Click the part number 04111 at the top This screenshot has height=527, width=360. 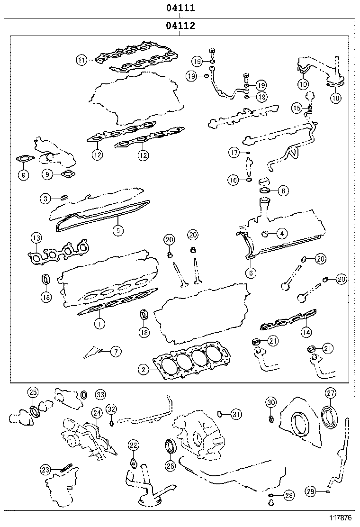180,8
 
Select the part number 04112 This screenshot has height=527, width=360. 180,27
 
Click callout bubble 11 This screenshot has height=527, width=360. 83,60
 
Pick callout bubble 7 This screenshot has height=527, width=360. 116,351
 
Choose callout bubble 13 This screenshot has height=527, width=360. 36,237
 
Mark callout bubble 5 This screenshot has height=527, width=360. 117,230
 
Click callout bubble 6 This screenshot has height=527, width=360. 251,273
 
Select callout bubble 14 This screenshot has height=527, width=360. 306,332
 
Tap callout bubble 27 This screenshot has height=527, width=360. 330,393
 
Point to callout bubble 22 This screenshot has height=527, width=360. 134,445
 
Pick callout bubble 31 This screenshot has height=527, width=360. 236,414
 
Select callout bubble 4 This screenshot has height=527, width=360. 282,233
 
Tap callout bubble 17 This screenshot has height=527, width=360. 234,152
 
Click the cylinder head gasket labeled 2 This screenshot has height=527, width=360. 194,363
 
